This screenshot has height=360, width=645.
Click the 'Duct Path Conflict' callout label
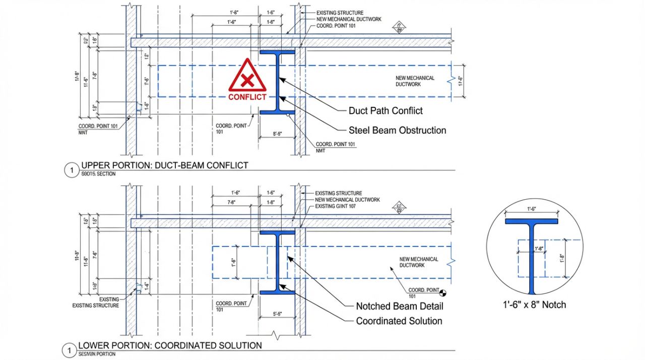point(385,111)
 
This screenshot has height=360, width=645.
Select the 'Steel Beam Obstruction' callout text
point(397,130)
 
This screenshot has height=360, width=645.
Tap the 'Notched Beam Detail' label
point(400,306)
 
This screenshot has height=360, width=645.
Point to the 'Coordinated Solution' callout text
point(399,321)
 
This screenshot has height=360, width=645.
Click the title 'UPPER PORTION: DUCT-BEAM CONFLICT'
point(164,165)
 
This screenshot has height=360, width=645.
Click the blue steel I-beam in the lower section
point(277,262)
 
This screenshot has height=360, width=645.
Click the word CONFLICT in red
point(247,97)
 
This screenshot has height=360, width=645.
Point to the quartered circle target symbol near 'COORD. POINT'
point(443,292)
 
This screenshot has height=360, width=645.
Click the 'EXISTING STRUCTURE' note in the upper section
point(340,13)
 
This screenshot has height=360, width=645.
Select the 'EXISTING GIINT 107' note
point(336,206)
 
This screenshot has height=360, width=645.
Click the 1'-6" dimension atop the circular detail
point(532,208)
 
